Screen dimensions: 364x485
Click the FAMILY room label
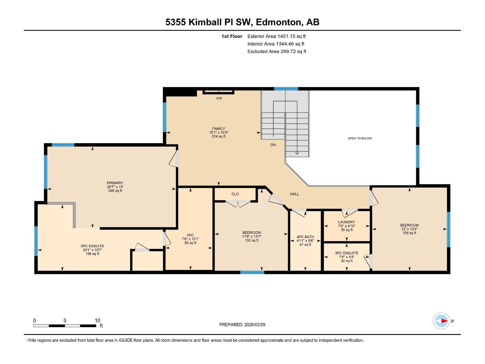pos(218,129)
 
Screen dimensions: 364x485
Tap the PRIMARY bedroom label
pos(115,183)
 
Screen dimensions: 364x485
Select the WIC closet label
pos(190,235)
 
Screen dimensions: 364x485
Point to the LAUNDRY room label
pos(346,222)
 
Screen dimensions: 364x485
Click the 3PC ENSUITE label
pos(346,253)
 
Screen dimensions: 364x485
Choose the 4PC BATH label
pos(305,237)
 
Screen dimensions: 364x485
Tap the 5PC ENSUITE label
pos(92,246)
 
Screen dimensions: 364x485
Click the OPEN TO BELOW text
pos(360,138)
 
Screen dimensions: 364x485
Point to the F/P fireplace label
pos(219,99)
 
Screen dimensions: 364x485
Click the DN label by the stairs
pos(273,145)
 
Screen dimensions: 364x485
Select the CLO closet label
pos(235,194)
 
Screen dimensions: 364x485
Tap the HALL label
pos(294,194)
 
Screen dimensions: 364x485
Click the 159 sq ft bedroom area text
pos(409,233)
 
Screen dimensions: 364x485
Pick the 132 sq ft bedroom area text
pos(252,241)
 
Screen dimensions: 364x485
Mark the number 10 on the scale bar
pos(97,321)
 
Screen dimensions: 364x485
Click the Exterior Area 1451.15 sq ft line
pos(276,36)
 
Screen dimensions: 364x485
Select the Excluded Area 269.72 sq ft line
pos(276,52)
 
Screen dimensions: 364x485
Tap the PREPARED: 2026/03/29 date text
pos(242,325)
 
